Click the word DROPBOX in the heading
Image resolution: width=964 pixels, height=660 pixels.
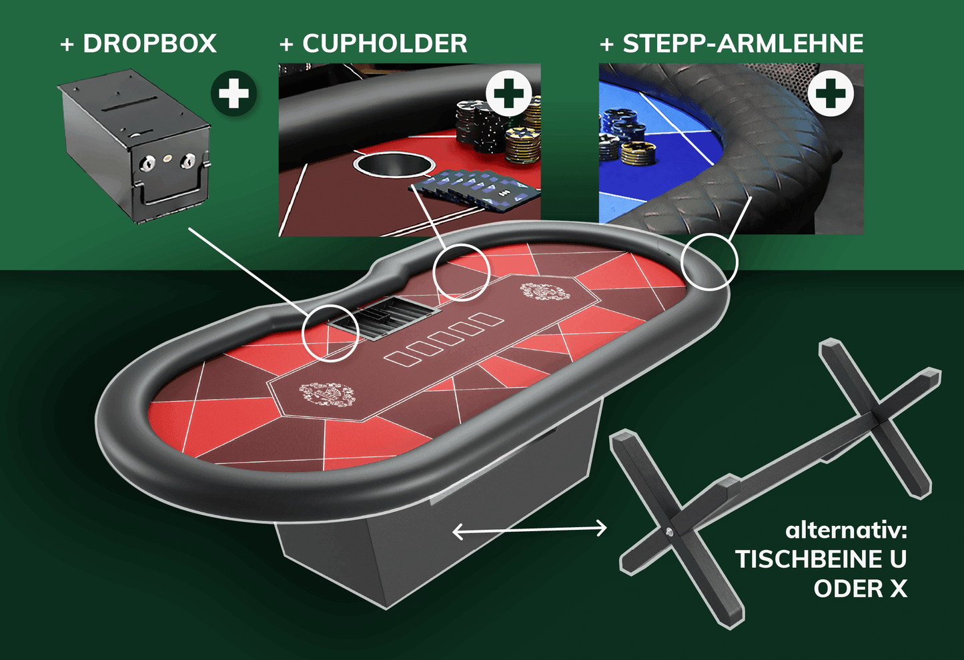[149, 43]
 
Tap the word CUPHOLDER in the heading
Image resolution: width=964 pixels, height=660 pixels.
[385, 43]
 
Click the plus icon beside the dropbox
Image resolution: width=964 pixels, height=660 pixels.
[233, 93]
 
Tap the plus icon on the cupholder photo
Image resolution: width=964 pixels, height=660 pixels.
[508, 93]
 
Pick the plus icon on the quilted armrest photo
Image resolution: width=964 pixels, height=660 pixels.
[831, 93]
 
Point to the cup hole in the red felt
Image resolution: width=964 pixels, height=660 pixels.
[394, 165]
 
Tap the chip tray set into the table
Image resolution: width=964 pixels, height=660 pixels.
[384, 318]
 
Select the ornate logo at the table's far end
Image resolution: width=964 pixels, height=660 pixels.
[545, 291]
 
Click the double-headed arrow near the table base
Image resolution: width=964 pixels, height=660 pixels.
[529, 530]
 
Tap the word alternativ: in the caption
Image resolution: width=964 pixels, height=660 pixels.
[846, 530]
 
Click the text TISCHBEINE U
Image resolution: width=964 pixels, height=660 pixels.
[821, 559]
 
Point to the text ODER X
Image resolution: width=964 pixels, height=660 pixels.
[861, 588]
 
